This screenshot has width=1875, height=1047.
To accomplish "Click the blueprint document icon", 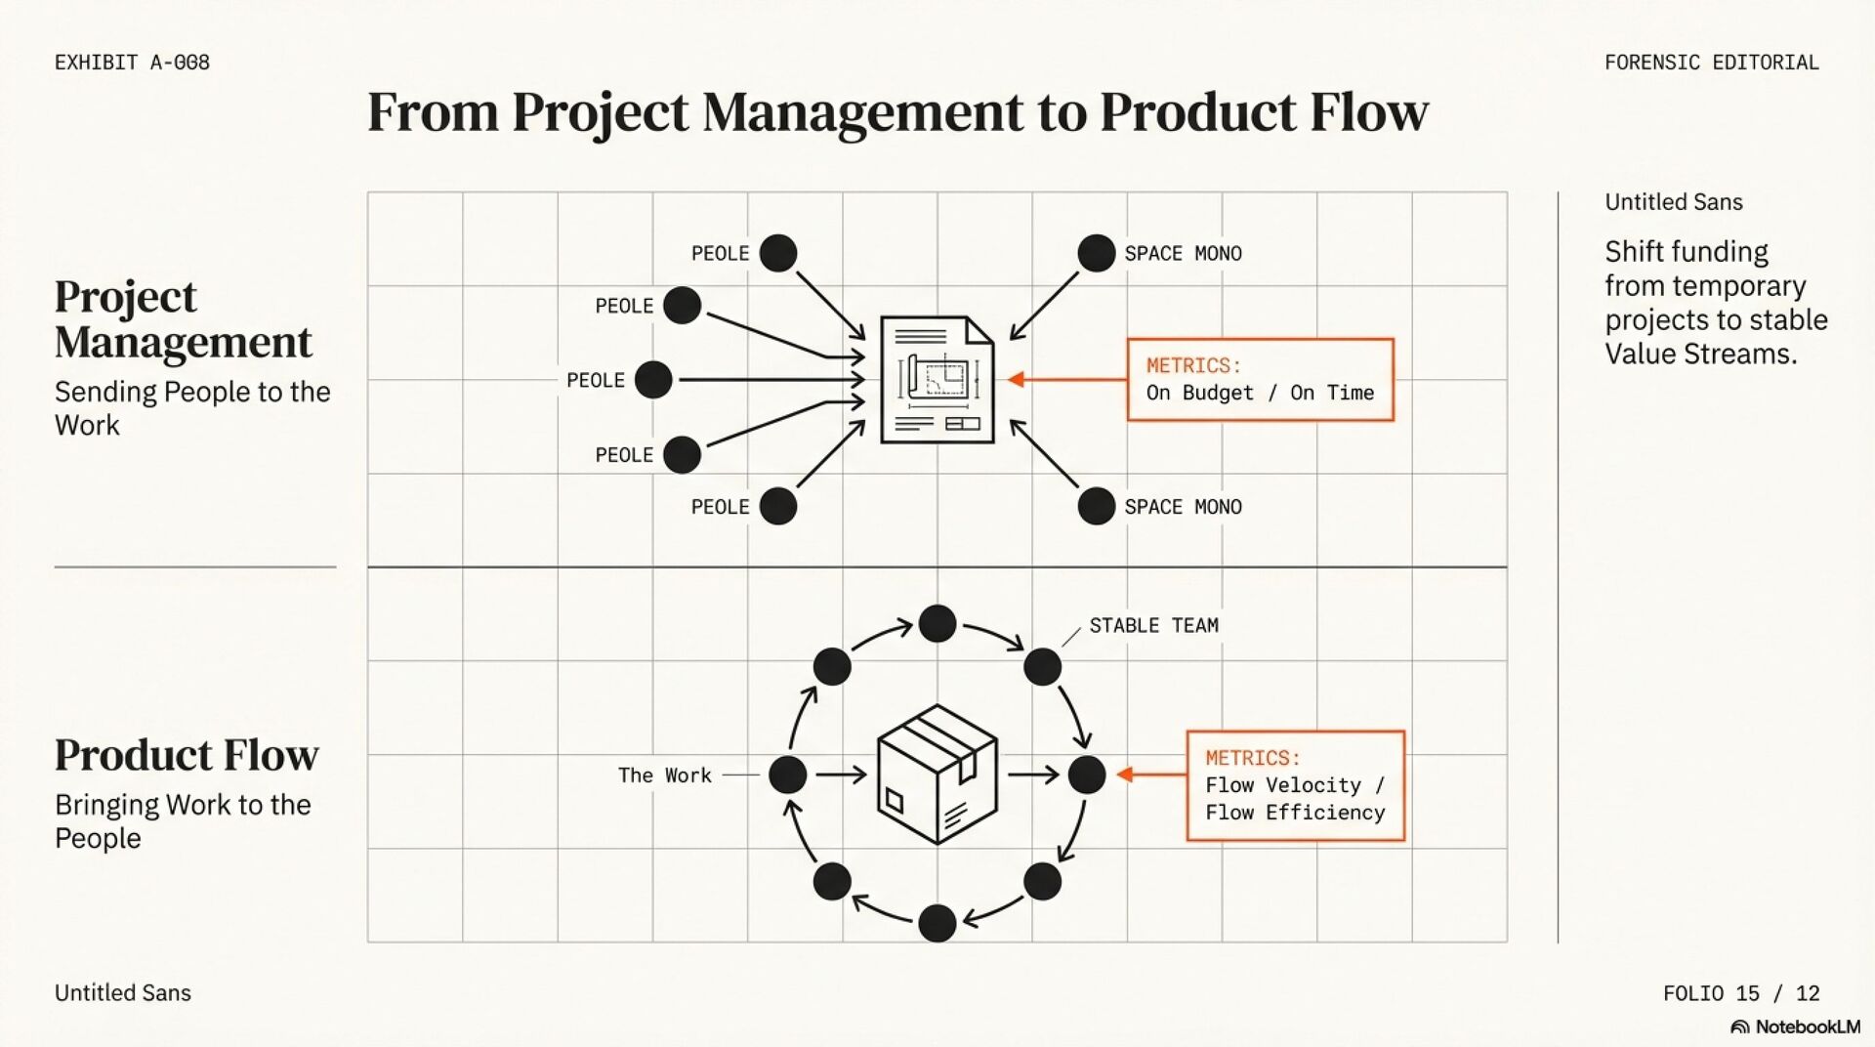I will pyautogui.click(x=937, y=380).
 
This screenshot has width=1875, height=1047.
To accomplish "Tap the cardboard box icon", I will pyautogui.click(x=937, y=775).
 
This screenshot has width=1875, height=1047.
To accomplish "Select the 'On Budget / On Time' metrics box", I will pyautogui.click(x=1260, y=380).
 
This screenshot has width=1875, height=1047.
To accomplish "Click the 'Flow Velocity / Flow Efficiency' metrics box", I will pyautogui.click(x=1295, y=785).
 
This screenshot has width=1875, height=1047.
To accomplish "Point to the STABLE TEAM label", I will pyautogui.click(x=1153, y=626).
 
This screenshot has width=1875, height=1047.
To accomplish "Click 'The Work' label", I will pyautogui.click(x=664, y=775).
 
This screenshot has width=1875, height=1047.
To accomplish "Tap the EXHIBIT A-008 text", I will pyautogui.click(x=132, y=63).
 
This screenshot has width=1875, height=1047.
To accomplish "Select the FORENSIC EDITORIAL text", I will pyautogui.click(x=1711, y=63).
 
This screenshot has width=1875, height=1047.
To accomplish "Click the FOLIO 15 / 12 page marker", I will pyautogui.click(x=1741, y=993).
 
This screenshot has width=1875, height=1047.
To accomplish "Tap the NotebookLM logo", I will pyautogui.click(x=1795, y=1026).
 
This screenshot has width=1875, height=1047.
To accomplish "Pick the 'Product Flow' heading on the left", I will pyautogui.click(x=187, y=755).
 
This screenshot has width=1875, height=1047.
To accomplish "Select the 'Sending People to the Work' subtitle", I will pyautogui.click(x=192, y=408).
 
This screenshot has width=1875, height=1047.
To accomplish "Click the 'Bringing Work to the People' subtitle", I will pyautogui.click(x=183, y=821).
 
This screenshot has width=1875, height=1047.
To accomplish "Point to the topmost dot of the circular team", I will pyautogui.click(x=937, y=623).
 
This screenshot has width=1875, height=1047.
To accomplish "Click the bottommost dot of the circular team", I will pyautogui.click(x=937, y=923).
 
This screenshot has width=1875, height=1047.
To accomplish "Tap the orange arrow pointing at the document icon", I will pyautogui.click(x=1018, y=380).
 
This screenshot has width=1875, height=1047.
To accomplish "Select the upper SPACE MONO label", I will pyautogui.click(x=1183, y=254).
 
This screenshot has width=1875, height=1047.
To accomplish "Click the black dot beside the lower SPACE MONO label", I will pyautogui.click(x=1096, y=506).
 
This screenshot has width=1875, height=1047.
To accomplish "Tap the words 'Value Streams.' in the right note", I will pyautogui.click(x=1700, y=354).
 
